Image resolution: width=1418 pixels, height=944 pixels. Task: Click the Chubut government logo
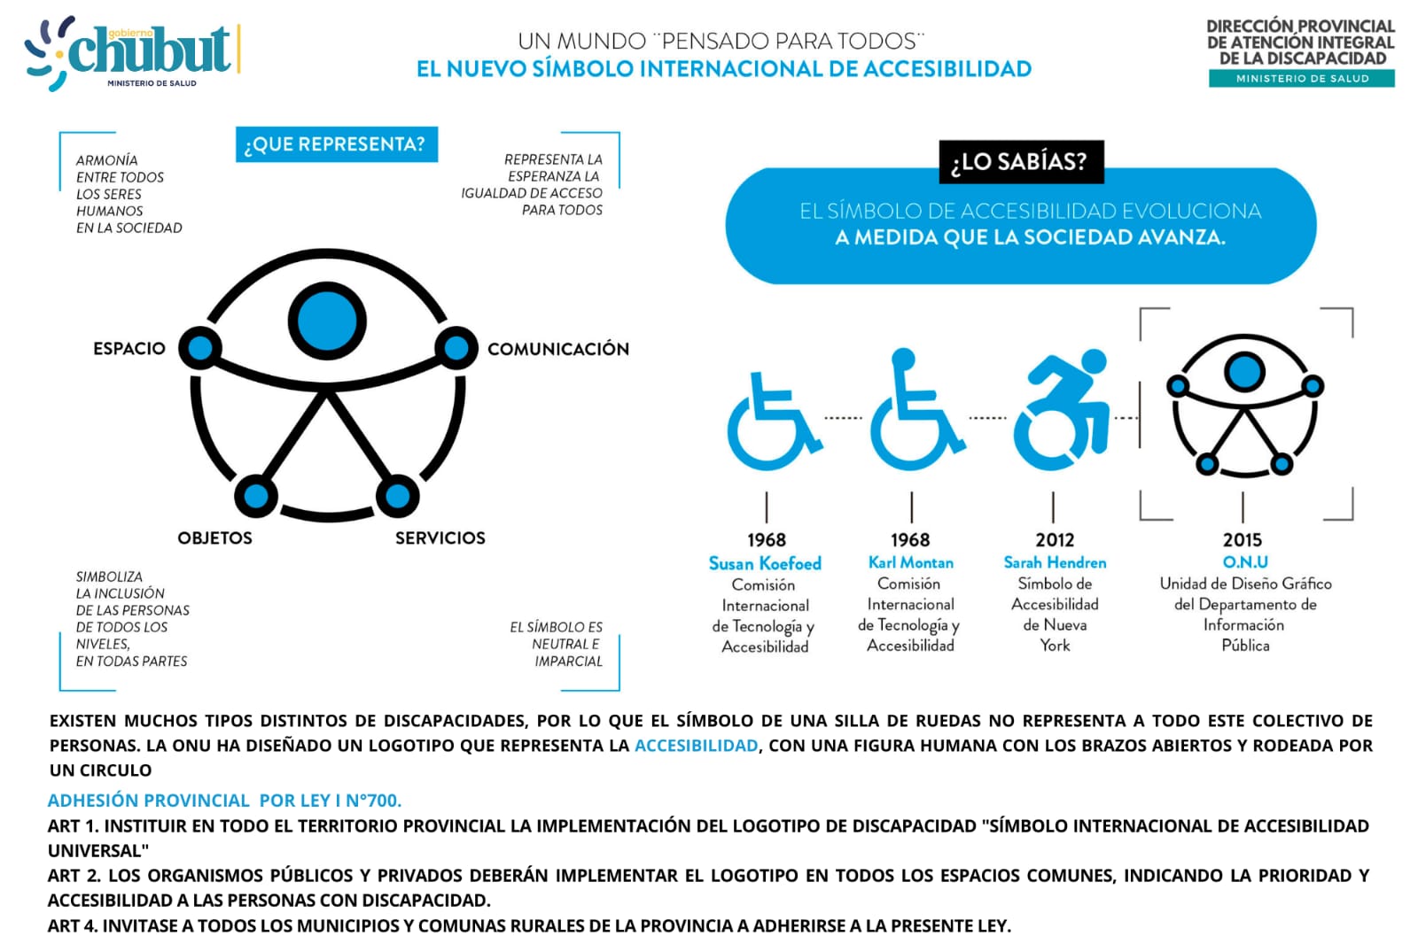(x=131, y=53)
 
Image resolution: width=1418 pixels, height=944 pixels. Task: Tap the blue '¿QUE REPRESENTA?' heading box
(x=336, y=144)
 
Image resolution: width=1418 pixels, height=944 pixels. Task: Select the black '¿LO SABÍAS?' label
(x=1021, y=161)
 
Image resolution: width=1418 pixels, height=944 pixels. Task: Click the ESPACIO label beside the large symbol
(x=129, y=348)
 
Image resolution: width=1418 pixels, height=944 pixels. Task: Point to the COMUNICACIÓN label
(x=558, y=349)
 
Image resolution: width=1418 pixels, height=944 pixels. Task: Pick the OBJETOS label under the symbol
(x=214, y=538)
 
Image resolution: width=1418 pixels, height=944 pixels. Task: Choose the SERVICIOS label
(x=440, y=538)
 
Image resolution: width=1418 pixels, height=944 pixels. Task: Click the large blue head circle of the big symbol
(x=327, y=321)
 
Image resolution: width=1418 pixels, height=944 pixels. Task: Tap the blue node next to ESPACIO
(x=200, y=348)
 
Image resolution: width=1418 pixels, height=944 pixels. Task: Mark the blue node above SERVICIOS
(x=397, y=496)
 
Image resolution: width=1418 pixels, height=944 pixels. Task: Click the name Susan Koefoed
(x=765, y=563)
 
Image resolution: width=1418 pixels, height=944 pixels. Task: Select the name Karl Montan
(x=911, y=562)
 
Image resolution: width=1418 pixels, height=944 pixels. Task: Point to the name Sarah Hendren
(x=1055, y=562)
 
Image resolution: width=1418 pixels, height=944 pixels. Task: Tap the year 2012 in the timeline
(x=1055, y=539)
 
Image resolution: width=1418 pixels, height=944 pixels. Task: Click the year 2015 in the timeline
(x=1243, y=539)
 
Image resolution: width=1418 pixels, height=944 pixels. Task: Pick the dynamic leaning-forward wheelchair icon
(x=1062, y=409)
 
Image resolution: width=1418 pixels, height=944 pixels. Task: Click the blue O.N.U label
(x=1245, y=561)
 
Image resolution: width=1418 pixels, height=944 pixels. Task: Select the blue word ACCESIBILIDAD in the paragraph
(x=697, y=746)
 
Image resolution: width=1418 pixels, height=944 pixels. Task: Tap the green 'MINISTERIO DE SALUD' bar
(x=1302, y=79)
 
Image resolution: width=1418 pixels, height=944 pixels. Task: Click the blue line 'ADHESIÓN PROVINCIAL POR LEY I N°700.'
(x=224, y=801)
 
